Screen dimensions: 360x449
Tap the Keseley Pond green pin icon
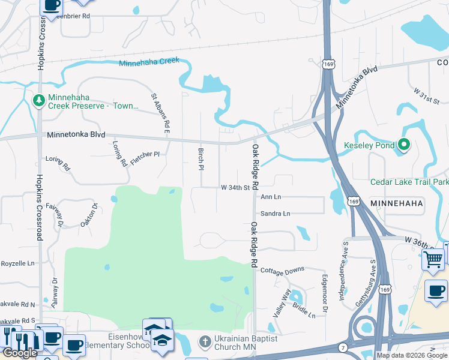404,145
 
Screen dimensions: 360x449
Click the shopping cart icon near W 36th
433,260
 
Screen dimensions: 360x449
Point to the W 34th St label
235,188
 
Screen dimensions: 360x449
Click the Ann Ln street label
270,197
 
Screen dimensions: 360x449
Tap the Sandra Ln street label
275,214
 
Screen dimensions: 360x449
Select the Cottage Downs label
282,270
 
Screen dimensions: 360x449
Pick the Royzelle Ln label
17,263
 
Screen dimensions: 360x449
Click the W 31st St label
426,95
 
